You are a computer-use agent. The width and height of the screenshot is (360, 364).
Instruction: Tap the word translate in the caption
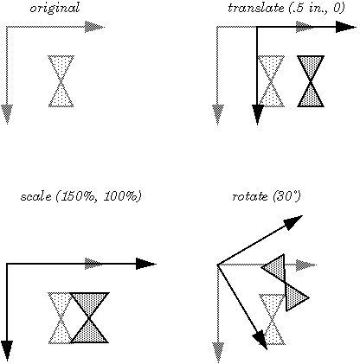pyautogui.click(x=253, y=8)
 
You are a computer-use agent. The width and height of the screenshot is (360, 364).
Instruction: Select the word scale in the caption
pyautogui.click(x=34, y=197)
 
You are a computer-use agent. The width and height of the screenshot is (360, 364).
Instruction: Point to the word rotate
pyautogui.click(x=250, y=197)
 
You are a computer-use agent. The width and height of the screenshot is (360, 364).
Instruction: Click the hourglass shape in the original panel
pyautogui.click(x=61, y=80)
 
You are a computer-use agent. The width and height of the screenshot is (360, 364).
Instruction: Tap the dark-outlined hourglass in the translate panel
pyautogui.click(x=311, y=80)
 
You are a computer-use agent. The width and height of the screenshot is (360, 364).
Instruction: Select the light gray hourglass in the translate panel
pyautogui.click(x=271, y=80)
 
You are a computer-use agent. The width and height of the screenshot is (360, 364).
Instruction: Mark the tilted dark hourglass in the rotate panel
pyautogui.click(x=286, y=281)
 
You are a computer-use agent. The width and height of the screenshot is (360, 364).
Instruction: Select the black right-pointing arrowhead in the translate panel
pyautogui.click(x=346, y=27)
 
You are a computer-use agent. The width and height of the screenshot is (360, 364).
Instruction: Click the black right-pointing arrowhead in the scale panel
pyautogui.click(x=145, y=264)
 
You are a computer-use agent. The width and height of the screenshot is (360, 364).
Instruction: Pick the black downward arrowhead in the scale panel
pyautogui.click(x=7, y=349)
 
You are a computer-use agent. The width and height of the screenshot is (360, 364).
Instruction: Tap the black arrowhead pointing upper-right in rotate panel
pyautogui.click(x=294, y=222)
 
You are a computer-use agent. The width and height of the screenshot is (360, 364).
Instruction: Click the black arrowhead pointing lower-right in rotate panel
pyautogui.click(x=260, y=338)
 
